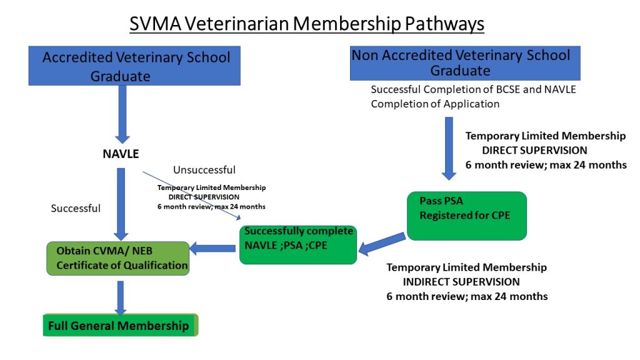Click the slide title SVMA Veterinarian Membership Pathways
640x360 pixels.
[x=306, y=24]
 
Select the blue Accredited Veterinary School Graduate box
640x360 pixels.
[x=136, y=66]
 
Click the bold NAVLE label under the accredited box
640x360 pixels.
[x=121, y=153]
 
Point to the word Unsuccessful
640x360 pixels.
[x=204, y=170]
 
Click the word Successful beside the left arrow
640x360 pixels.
[x=76, y=208]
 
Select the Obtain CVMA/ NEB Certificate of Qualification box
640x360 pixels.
[x=117, y=258]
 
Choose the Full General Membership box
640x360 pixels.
[x=120, y=325]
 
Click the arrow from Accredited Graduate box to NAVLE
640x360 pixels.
[x=122, y=112]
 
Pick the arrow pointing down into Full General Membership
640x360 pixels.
[x=121, y=297]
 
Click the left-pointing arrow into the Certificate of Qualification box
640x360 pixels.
[x=212, y=249]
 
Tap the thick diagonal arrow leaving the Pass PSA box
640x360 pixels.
[x=382, y=244]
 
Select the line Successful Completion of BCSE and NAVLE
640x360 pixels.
[x=473, y=90]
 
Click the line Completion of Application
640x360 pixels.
[x=435, y=104]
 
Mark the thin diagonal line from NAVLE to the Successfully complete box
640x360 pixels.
[x=191, y=194]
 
